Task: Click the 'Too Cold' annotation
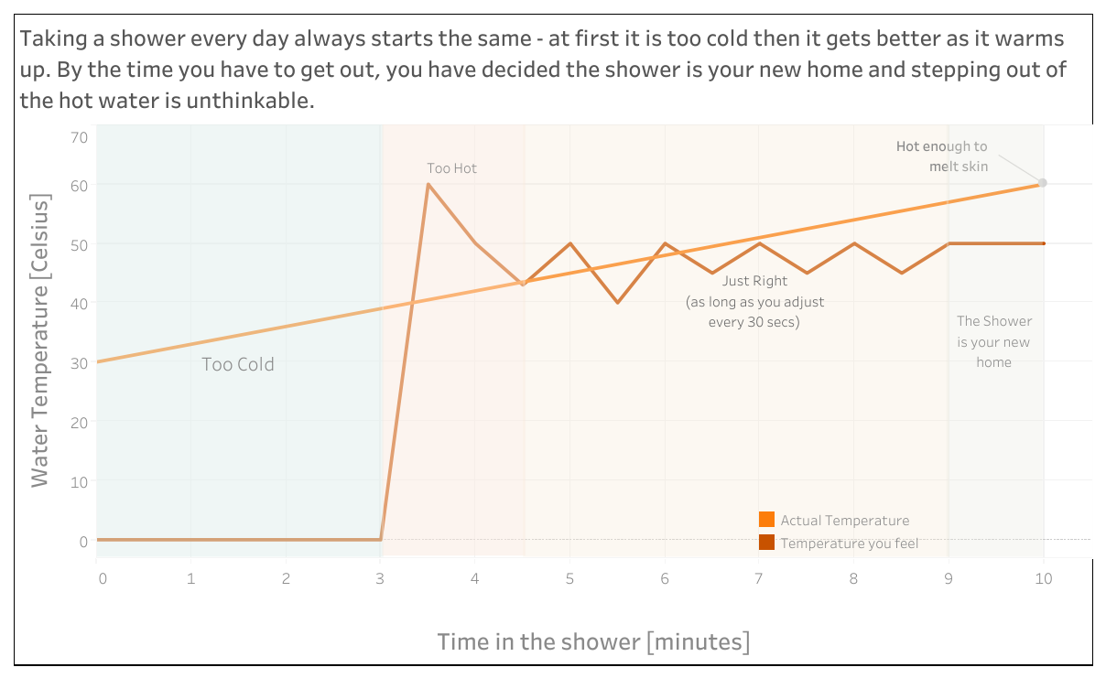point(238,364)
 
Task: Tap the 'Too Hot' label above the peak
point(452,168)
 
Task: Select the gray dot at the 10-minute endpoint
point(1043,183)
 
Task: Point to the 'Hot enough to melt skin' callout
point(942,156)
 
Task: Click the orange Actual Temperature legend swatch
point(767,520)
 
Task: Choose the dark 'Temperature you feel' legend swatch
point(767,543)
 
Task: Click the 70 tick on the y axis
point(79,137)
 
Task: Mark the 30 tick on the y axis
point(79,362)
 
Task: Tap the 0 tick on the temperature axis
point(83,541)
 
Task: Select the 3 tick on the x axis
point(380,578)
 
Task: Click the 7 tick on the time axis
point(759,578)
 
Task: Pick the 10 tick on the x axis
point(1043,578)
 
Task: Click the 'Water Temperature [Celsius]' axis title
point(39,340)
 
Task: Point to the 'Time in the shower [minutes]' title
point(593,641)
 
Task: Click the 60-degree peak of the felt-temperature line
point(428,185)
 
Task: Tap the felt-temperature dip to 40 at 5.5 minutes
point(618,302)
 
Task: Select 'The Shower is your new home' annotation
point(993,341)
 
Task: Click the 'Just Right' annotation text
point(755,282)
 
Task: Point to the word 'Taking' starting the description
point(51,39)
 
